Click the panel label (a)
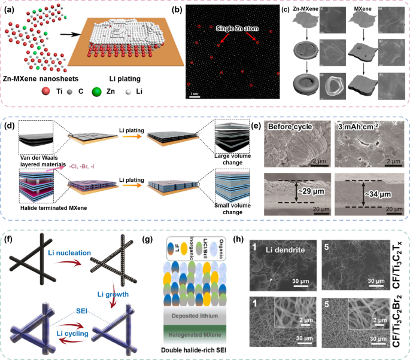(x=11, y=10)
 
